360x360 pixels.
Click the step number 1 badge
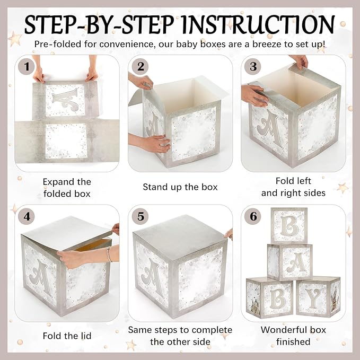coord(27,67)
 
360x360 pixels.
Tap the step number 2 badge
coord(141,67)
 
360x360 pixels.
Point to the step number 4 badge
coord(27,216)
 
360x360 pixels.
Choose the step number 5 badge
coord(141,216)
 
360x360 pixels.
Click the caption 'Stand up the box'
coord(180,187)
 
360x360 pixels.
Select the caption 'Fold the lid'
coord(67,336)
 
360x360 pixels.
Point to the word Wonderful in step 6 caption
coord(284,330)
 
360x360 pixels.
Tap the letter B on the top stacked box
coord(289,225)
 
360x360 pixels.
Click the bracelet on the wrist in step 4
coord(109,254)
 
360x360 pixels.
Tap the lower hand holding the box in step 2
coord(151,143)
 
